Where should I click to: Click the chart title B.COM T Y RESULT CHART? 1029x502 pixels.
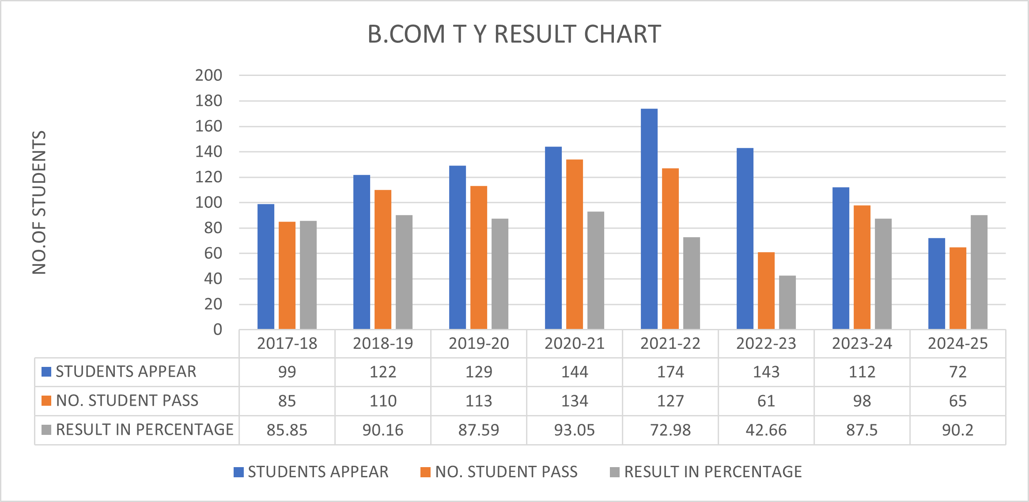click(x=514, y=34)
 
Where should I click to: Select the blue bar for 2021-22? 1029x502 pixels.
click(x=649, y=219)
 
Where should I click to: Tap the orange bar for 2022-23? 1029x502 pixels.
click(x=766, y=291)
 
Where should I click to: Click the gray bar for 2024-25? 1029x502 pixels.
click(x=979, y=272)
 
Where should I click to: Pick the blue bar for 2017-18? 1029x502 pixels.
click(x=265, y=266)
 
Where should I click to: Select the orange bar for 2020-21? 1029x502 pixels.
click(x=574, y=244)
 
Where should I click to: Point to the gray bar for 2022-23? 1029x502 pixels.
click(x=787, y=302)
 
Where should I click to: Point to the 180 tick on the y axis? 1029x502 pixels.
click(x=209, y=101)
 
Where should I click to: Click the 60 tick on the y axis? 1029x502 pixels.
click(x=213, y=253)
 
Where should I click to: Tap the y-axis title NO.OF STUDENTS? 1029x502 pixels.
click(x=39, y=202)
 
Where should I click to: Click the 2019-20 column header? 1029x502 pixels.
click(x=479, y=343)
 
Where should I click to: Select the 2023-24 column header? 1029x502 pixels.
click(x=862, y=343)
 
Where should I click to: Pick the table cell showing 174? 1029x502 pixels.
click(x=670, y=372)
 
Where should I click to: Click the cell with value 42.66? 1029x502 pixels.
click(x=766, y=430)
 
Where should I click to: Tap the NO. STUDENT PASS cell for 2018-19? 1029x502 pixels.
click(x=383, y=401)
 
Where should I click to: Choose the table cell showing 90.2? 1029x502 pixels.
click(x=957, y=430)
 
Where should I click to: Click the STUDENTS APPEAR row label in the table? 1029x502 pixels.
click(x=126, y=372)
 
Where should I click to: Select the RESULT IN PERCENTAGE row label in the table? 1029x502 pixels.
click(x=144, y=430)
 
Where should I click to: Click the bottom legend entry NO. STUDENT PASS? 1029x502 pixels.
click(x=506, y=472)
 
